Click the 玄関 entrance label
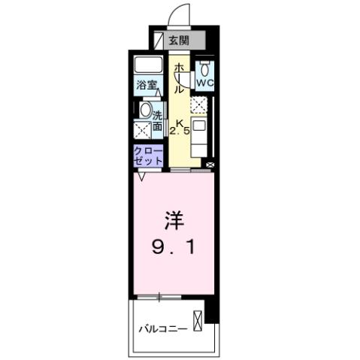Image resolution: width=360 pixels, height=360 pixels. point(179,41)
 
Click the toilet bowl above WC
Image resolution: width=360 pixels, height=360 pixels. point(204,68)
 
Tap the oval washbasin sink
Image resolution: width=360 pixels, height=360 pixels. point(146,110)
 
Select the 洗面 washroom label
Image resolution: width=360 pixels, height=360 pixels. point(158,121)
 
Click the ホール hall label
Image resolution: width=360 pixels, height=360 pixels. point(180,78)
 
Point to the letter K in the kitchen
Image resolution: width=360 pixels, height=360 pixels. point(180,124)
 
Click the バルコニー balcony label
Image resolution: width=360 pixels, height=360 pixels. point(162,328)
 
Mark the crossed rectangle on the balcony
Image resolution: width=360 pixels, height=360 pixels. point(198,320)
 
